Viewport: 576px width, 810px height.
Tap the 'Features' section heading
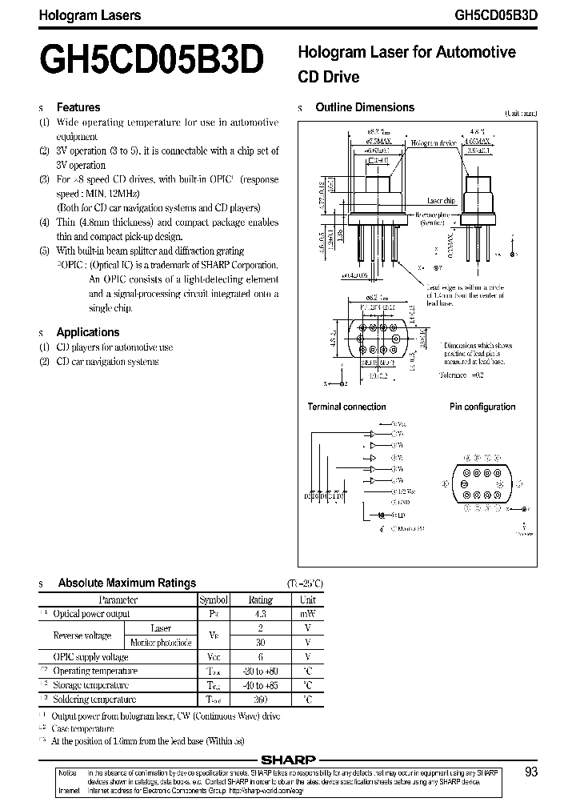coord(78,107)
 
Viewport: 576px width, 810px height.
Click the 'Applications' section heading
coord(87,332)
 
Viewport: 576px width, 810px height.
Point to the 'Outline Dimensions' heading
coord(365,107)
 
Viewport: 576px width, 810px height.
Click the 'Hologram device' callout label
coord(434,143)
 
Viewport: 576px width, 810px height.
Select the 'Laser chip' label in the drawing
coord(441,202)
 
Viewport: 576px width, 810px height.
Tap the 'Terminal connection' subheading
coord(346,407)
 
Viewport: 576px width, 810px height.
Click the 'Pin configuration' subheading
coord(482,407)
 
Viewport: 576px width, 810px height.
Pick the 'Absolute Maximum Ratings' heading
coord(126,583)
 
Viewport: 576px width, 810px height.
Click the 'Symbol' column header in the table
coord(214,599)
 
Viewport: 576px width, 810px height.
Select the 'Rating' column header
coord(261,599)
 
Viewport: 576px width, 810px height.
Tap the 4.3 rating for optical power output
coord(261,614)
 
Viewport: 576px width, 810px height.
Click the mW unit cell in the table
coord(307,614)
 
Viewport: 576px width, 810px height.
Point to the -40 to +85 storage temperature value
coord(261,685)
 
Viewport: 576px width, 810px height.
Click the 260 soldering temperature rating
coord(261,700)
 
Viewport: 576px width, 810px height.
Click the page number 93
coord(531,772)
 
